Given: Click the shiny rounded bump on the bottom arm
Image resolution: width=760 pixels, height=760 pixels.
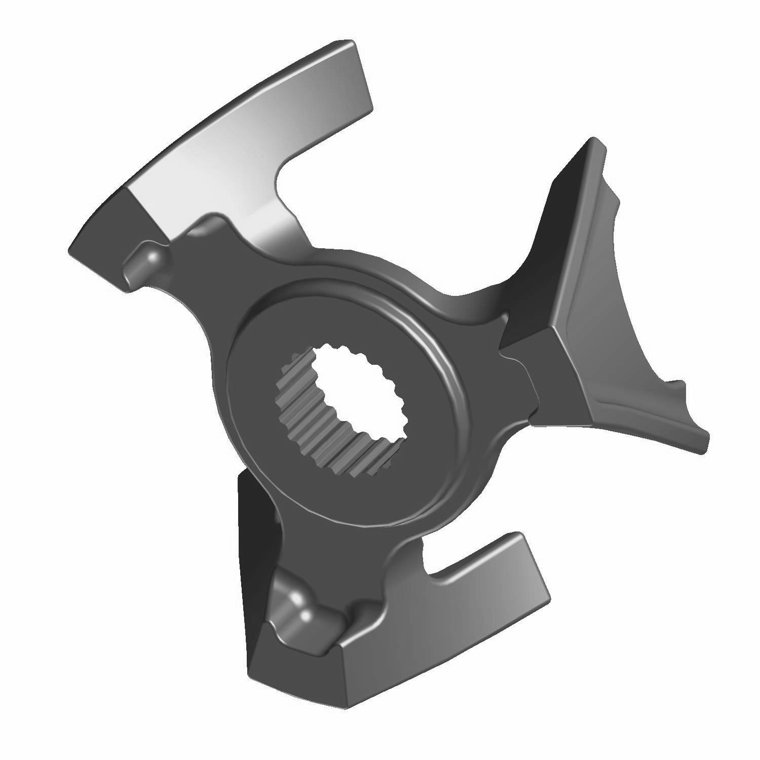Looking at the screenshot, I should coord(299,608).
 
